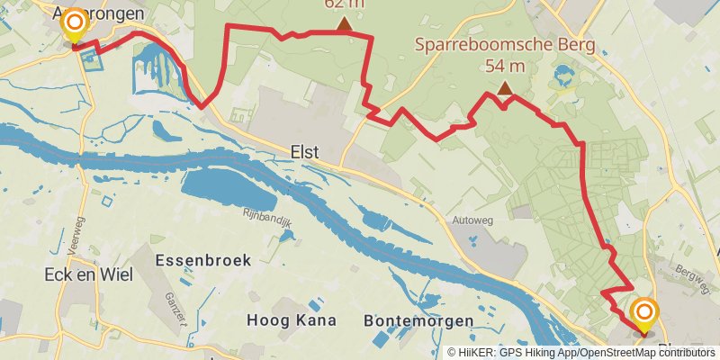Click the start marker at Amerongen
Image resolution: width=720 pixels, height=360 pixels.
tap(74, 25)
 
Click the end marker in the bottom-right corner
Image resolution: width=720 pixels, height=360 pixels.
tap(644, 315)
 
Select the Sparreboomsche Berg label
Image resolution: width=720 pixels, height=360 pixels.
tap(503, 46)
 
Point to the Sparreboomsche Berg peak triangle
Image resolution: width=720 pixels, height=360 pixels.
tap(505, 88)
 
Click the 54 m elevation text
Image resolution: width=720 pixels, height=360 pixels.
tap(504, 66)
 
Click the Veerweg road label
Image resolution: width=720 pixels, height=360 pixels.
tap(74, 241)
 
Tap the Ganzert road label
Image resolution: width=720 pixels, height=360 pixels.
tap(176, 306)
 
